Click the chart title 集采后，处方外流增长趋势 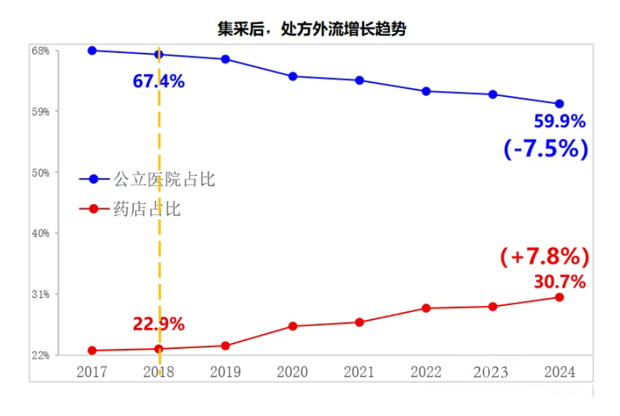click(x=311, y=29)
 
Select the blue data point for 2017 click(x=92, y=50)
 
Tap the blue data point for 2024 click(x=559, y=104)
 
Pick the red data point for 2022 click(x=426, y=308)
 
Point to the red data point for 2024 click(x=559, y=297)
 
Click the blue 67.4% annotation click(x=158, y=81)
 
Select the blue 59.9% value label click(x=559, y=121)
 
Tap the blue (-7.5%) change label click(x=546, y=148)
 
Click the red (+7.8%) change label click(x=544, y=256)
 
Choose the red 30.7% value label click(x=559, y=282)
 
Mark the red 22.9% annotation click(x=158, y=324)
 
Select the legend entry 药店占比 click(x=147, y=209)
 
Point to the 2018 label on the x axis click(x=158, y=372)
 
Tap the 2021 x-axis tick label click(x=359, y=372)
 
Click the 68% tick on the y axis click(x=40, y=51)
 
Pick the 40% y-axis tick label click(x=40, y=233)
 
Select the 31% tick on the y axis click(x=40, y=294)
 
